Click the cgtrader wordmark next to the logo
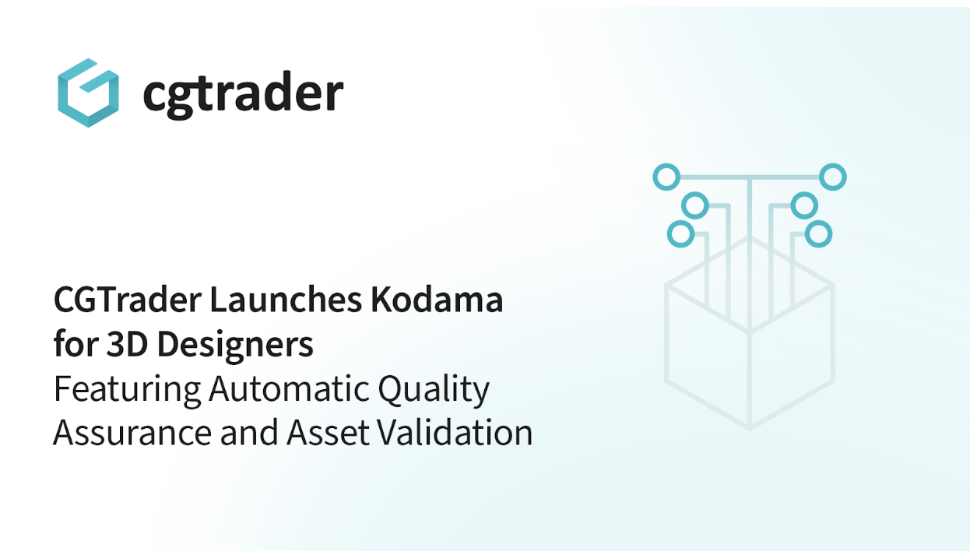243,94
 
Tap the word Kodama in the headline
437,300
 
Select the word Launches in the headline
286,300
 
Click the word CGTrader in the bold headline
128,300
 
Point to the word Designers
235,346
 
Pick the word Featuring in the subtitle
127,390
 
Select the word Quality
434,390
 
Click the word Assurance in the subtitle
132,433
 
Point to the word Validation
455,432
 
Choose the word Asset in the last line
328,433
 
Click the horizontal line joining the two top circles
750,177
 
